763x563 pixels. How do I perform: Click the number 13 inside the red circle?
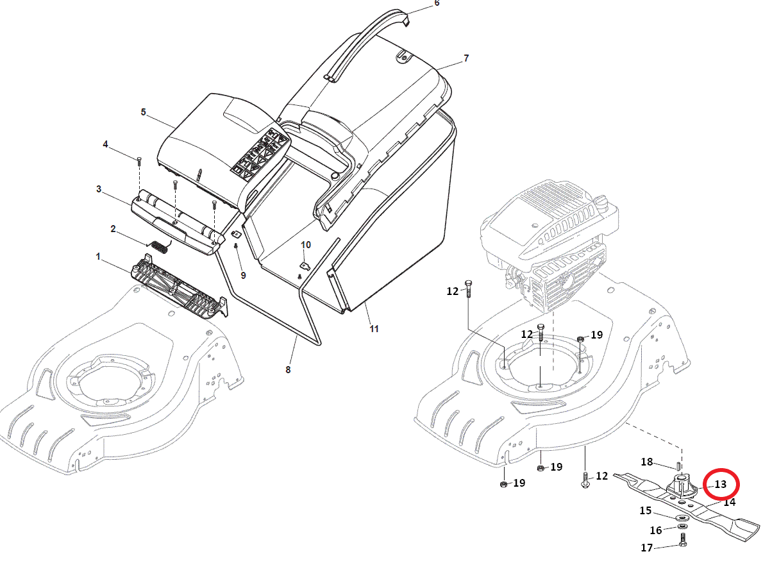click(721, 484)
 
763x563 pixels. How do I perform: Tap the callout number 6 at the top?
click(437, 3)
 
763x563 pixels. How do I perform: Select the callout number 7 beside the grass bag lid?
click(466, 58)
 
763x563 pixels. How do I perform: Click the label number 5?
click(144, 112)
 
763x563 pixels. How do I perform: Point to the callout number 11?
click(374, 329)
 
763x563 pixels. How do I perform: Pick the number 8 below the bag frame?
click(288, 369)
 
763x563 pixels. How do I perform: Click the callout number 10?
click(306, 245)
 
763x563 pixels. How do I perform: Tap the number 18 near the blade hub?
click(646, 462)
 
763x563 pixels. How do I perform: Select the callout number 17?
click(646, 548)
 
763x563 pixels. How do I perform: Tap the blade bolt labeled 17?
click(682, 541)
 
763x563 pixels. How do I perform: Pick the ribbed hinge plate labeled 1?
click(176, 287)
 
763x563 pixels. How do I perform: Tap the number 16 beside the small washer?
click(655, 530)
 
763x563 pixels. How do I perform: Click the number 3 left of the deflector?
click(99, 189)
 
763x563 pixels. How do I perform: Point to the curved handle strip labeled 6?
click(359, 45)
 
